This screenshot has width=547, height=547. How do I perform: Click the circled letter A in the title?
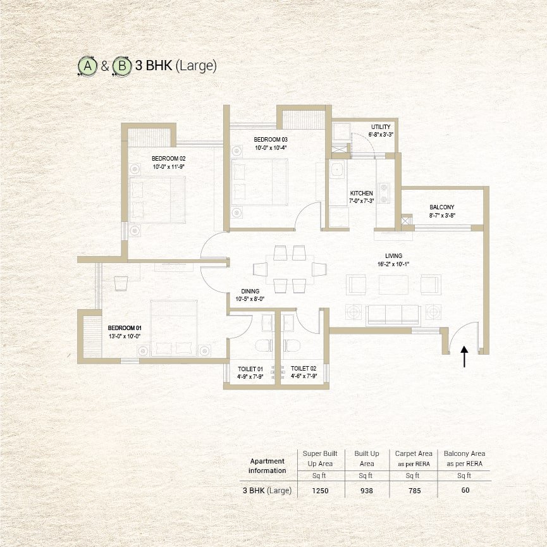(86, 66)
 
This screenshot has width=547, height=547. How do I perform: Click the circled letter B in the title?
(121, 66)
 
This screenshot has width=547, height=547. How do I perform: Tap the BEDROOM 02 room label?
(168, 158)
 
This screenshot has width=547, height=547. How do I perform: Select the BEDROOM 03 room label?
(271, 139)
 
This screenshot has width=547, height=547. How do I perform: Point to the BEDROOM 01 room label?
(124, 328)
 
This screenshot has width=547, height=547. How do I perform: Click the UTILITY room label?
(381, 126)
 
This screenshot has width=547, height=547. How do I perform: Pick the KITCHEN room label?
(361, 193)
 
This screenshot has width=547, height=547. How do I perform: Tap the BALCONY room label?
(441, 207)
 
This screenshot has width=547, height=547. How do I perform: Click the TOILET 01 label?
(251, 368)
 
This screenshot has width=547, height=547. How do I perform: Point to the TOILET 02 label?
(304, 368)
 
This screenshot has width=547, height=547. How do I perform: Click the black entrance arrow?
(464, 357)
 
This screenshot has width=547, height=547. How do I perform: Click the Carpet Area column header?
(414, 453)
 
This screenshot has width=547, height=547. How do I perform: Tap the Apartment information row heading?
(267, 465)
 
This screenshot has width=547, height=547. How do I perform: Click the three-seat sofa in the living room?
(393, 314)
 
